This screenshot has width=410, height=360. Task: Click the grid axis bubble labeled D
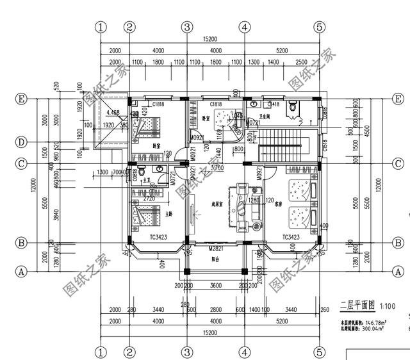[x=22, y=142]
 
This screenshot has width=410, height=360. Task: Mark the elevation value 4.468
[x=113, y=112]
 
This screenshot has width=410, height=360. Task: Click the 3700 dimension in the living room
[x=218, y=168]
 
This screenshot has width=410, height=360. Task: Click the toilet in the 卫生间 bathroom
[x=294, y=108]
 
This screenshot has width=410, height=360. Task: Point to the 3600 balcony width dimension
[x=215, y=285]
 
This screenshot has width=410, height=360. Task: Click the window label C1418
[x=273, y=104]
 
